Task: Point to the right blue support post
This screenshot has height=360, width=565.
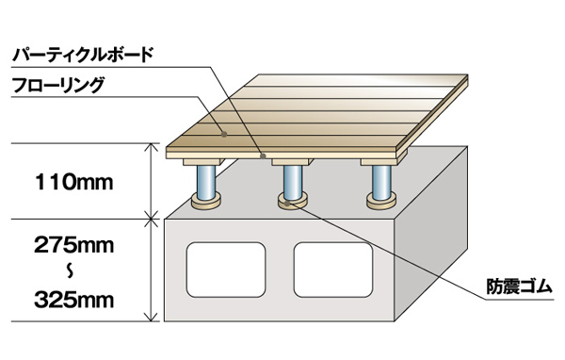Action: click(380, 178)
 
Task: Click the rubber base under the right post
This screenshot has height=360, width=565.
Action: click(380, 201)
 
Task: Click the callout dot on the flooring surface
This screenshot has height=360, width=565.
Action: click(224, 134)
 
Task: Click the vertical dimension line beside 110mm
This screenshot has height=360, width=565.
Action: click(151, 180)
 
